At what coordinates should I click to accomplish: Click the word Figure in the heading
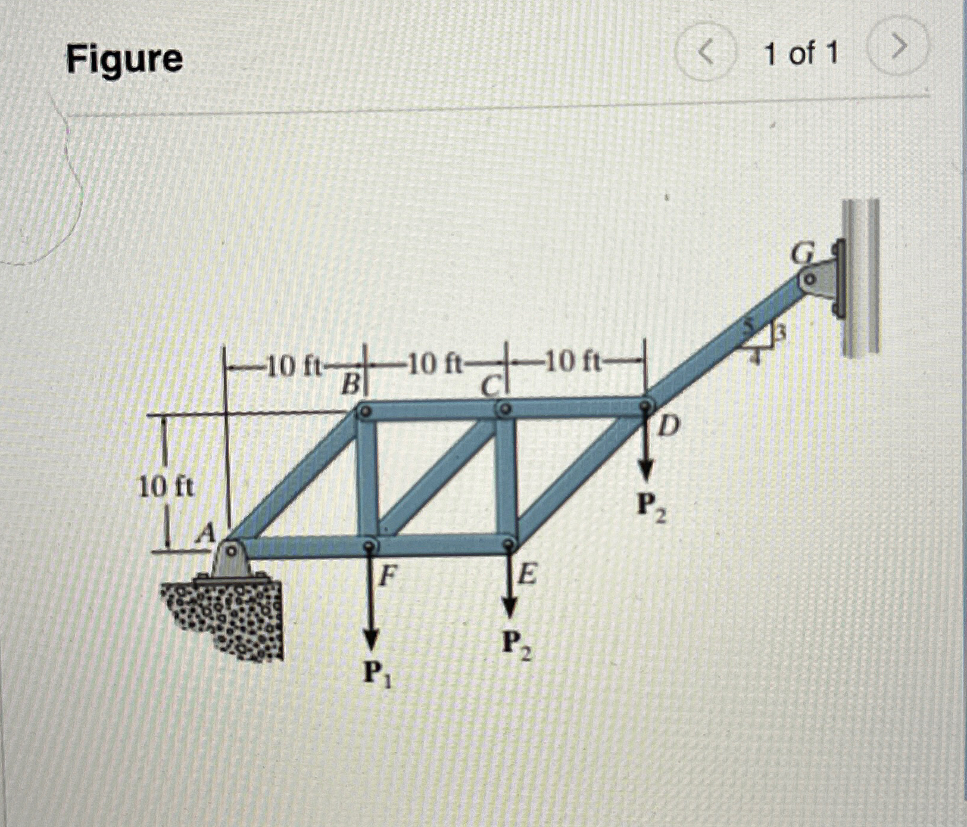[x=124, y=59]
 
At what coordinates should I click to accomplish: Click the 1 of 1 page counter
[x=801, y=54]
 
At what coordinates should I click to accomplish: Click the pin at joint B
[x=366, y=411]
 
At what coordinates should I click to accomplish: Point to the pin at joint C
[x=505, y=409]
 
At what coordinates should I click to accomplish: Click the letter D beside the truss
[x=669, y=427]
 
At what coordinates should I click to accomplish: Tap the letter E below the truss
[x=528, y=576]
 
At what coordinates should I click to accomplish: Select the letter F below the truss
[x=388, y=576]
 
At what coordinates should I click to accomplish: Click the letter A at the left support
[x=206, y=533]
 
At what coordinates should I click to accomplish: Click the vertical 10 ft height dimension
[x=166, y=487]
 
